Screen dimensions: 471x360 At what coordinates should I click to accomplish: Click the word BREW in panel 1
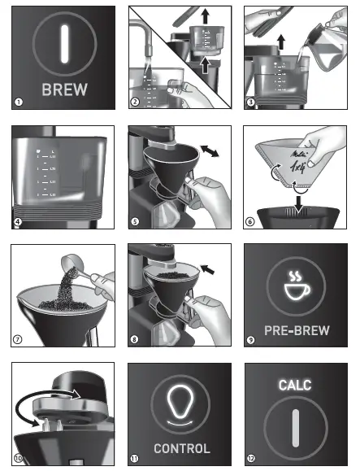(x=61, y=88)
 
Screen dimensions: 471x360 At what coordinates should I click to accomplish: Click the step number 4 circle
(x=17, y=220)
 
